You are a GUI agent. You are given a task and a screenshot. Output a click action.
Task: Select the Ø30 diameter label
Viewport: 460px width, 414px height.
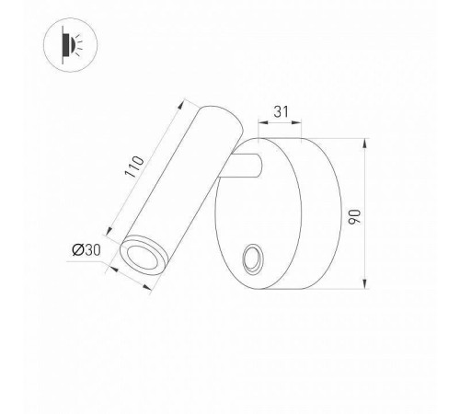pos(86,249)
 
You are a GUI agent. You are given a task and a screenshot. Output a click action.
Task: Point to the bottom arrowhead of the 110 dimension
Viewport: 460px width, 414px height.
pos(111,229)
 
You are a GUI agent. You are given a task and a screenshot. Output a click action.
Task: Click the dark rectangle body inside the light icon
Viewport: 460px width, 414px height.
pos(66,44)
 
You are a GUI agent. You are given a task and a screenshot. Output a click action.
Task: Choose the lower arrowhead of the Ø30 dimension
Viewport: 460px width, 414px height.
pos(152,288)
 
